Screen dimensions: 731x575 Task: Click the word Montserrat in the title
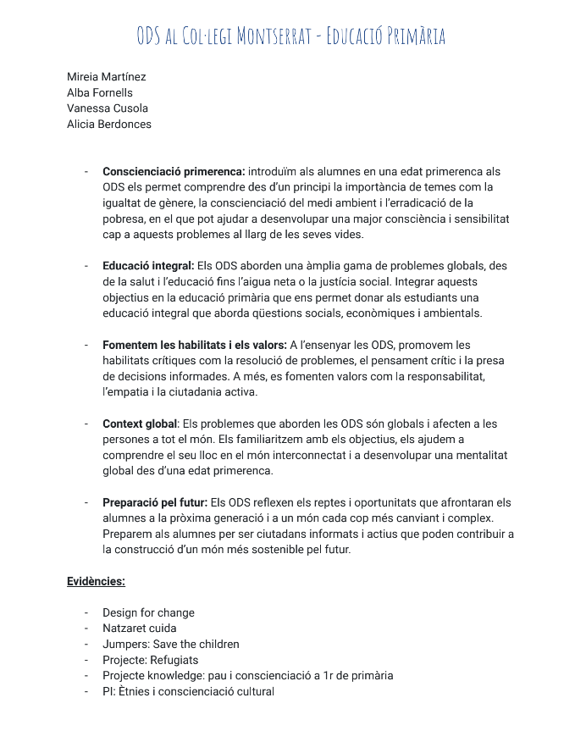coord(274,36)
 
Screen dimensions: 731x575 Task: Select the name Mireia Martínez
coord(107,77)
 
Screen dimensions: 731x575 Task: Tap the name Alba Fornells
coord(100,92)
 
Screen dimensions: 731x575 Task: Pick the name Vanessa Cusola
coord(108,108)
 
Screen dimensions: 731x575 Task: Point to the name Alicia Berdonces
coord(109,124)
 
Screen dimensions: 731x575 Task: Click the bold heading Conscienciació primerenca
coord(174,172)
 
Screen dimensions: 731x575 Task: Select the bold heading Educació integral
coord(148,266)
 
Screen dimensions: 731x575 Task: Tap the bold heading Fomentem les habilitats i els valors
coord(195,345)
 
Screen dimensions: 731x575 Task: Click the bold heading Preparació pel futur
coord(155,502)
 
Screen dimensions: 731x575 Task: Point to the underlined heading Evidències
coord(96,581)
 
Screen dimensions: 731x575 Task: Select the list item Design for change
coord(148,612)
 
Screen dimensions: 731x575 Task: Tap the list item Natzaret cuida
coord(140,629)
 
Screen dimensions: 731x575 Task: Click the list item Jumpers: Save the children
coord(171,644)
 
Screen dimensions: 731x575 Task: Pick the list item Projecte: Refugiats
coord(150,660)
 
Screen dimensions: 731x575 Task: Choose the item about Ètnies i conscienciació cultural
coord(188,691)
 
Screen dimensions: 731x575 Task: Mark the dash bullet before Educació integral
coord(86,266)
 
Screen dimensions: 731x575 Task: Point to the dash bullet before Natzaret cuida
coord(86,629)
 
